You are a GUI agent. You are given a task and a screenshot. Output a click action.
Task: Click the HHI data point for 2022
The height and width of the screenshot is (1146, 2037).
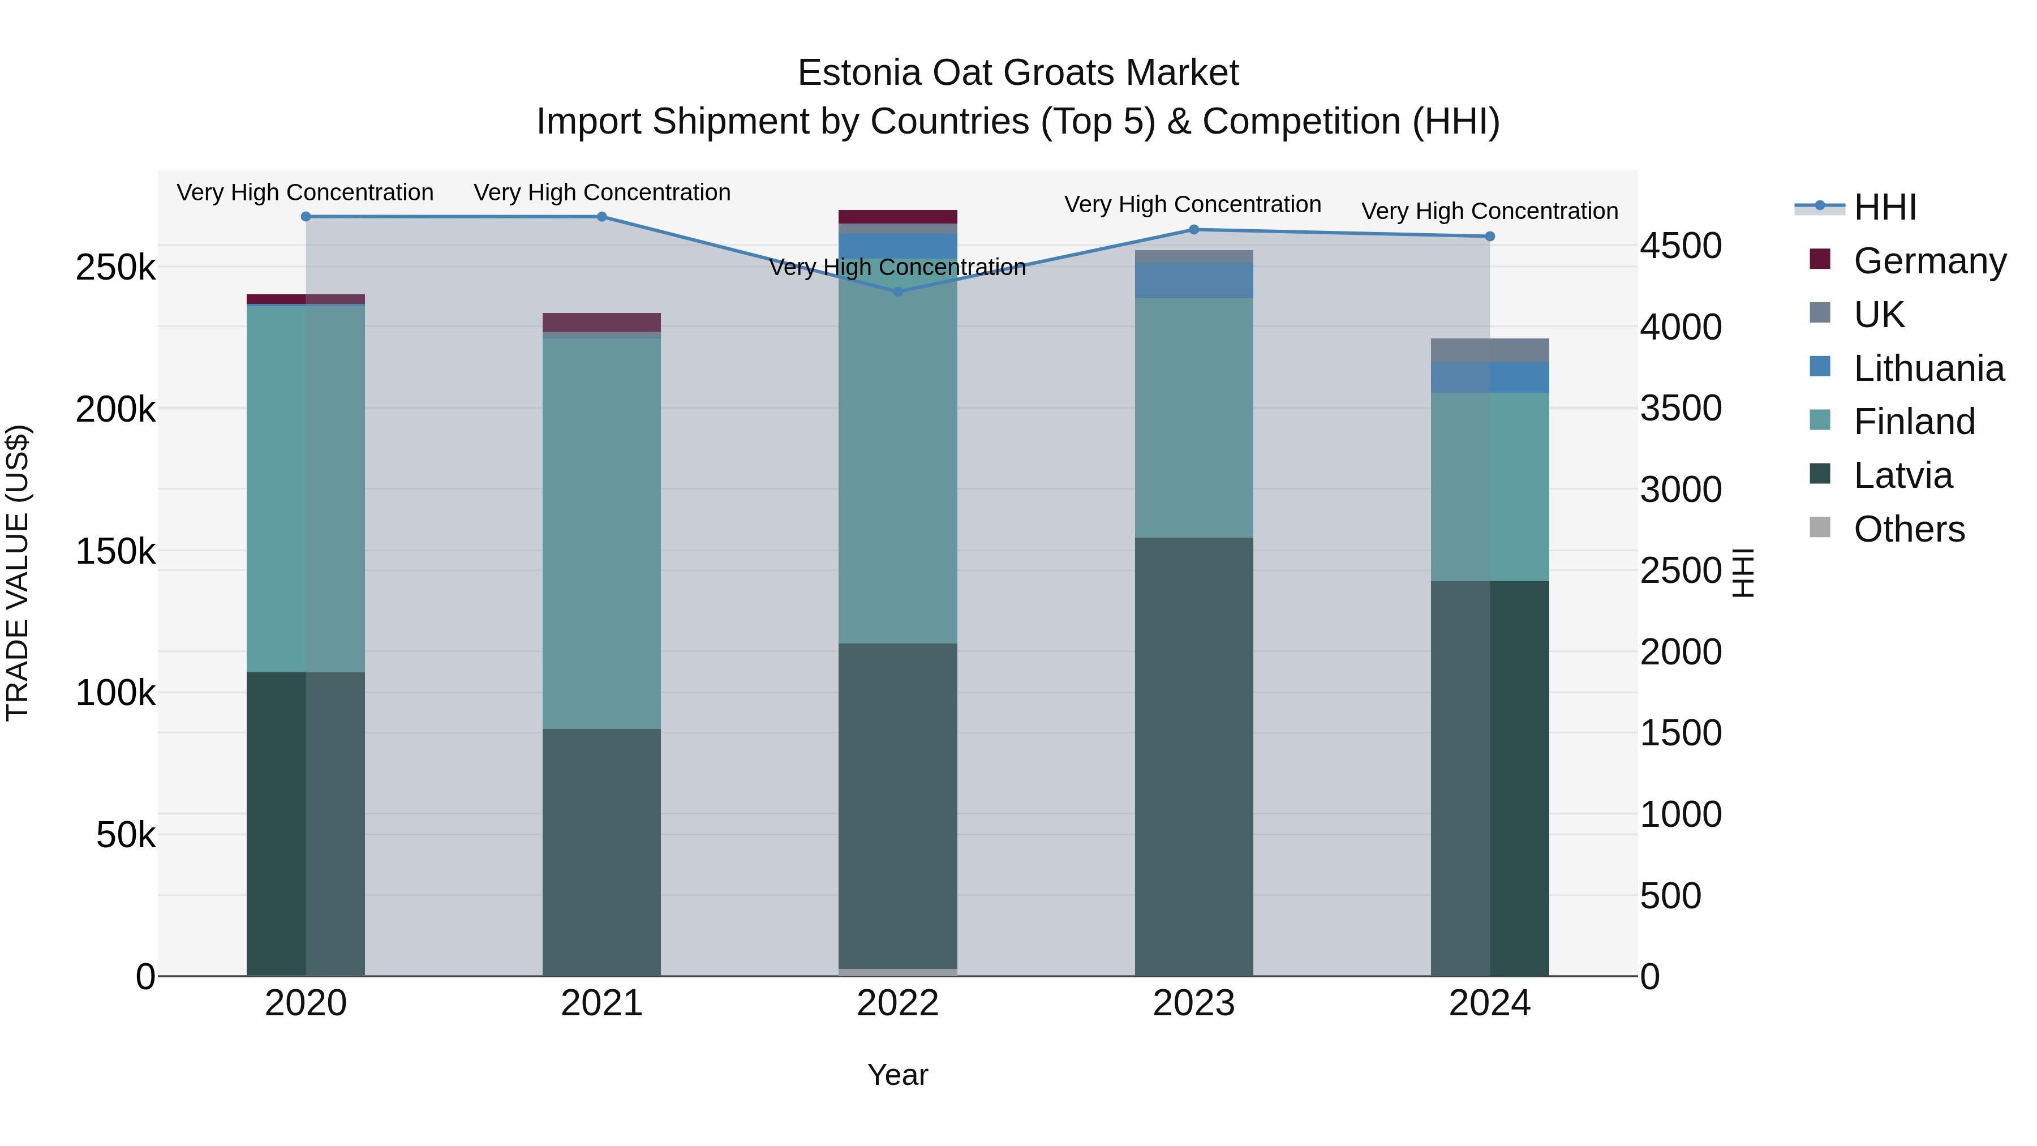897,291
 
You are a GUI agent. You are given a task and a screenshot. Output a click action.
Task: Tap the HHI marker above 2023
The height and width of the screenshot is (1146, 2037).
1194,229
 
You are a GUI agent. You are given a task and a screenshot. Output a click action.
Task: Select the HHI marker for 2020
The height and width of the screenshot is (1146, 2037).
306,216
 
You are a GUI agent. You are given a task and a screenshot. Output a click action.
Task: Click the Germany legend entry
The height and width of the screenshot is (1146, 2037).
1929,261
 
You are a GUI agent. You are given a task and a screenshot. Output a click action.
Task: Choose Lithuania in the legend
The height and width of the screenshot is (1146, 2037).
1928,368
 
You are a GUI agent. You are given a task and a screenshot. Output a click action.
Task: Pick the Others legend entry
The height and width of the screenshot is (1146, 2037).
1909,529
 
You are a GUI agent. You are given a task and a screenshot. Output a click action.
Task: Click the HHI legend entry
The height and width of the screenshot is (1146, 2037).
1885,207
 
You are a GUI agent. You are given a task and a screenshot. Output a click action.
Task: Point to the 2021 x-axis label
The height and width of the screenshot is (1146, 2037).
602,1003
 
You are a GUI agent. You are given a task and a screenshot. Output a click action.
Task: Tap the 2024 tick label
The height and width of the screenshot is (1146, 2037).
1490,1003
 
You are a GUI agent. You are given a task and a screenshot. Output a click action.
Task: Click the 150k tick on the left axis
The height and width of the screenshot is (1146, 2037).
115,551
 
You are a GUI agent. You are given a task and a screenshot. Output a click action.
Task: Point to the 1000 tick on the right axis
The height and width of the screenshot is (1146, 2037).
1681,814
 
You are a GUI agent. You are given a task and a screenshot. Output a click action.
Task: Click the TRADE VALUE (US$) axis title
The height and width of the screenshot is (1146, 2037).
18,573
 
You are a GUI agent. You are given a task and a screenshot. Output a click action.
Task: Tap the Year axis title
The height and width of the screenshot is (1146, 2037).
897,1075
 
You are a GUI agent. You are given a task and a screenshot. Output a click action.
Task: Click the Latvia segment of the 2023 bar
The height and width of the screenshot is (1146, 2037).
1194,756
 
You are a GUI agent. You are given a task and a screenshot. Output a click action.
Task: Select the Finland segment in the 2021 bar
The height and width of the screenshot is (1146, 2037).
602,534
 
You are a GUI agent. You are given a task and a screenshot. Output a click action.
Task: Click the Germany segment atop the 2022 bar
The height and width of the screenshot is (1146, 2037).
897,217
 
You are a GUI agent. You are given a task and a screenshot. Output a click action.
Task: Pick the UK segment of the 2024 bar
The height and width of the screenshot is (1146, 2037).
1490,350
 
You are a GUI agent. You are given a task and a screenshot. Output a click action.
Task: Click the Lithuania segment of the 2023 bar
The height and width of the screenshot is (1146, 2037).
1194,281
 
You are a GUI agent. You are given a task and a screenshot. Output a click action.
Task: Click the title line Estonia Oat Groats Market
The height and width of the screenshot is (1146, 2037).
1018,73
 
